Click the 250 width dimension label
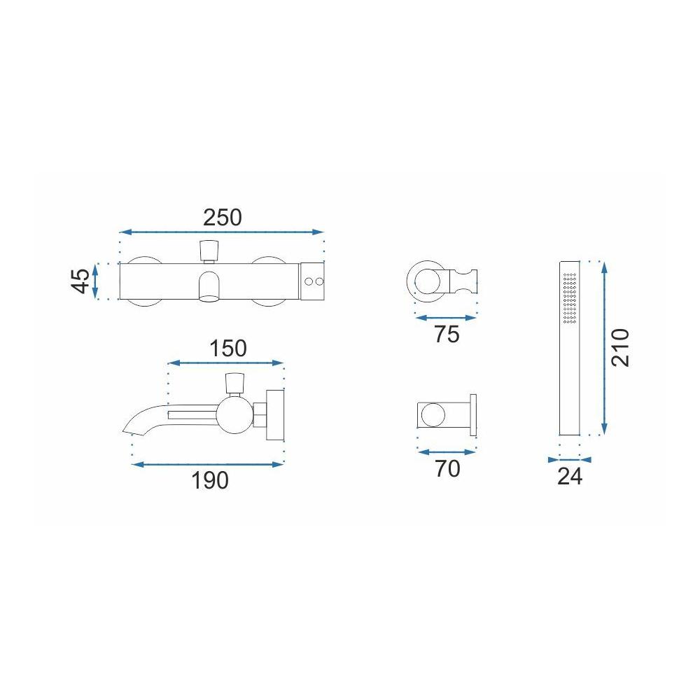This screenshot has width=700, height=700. click(222, 218)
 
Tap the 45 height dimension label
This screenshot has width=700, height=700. click(81, 281)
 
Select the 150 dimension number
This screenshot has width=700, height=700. click(227, 348)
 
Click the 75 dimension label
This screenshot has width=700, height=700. click(446, 335)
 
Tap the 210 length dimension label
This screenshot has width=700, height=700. click(621, 347)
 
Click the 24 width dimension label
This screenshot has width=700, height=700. click(570, 477)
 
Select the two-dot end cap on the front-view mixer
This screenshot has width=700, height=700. click(313, 281)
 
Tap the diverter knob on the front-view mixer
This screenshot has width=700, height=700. click(208, 249)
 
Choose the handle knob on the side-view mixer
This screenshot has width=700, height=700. click(233, 383)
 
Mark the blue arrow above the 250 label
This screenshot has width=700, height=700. click(222, 232)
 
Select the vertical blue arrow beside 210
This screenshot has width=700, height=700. click(603, 347)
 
